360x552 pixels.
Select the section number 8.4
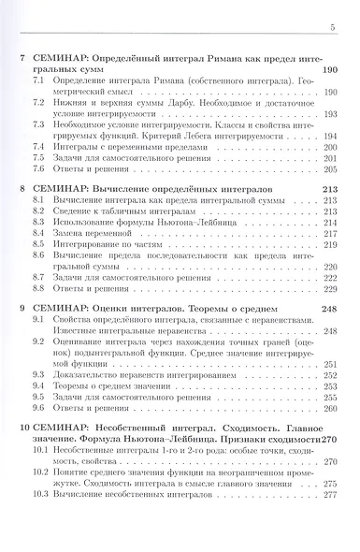tap(37, 241)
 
